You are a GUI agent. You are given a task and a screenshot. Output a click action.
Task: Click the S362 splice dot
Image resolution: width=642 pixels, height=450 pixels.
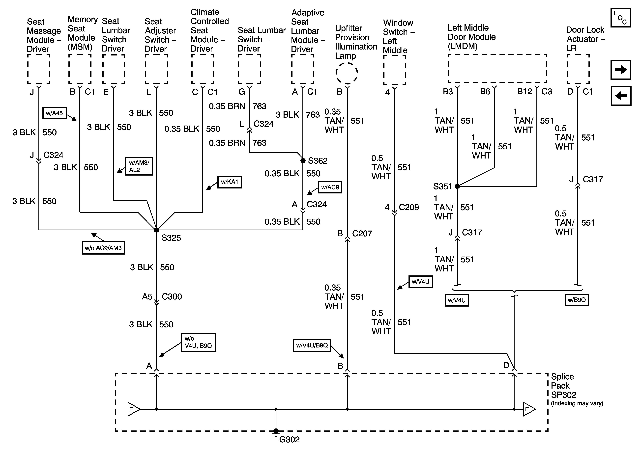pos(303,160)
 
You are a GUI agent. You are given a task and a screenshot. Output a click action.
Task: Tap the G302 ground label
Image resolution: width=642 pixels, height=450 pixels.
pos(289,440)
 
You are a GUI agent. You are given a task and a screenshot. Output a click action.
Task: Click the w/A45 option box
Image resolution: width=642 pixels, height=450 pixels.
pos(55,113)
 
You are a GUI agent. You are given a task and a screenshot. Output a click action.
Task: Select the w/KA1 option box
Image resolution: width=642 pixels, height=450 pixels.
pos(229,182)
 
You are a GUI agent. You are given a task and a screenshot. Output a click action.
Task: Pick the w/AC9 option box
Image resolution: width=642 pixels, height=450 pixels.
pos(330,187)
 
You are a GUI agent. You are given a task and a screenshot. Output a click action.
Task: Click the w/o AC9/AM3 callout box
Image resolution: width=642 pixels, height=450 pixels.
pos(103,248)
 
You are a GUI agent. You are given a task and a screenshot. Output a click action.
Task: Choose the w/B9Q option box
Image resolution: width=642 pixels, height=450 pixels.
pos(577,300)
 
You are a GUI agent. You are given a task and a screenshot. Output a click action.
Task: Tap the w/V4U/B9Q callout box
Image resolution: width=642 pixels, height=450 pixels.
pos(312,345)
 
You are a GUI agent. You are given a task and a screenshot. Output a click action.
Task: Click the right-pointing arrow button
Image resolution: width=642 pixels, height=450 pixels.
pos(621,70)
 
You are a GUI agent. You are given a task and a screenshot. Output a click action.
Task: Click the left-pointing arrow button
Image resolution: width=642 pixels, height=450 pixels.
pos(621,96)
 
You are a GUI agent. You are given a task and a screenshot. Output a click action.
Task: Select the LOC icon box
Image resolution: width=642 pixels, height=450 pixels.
pos(621,18)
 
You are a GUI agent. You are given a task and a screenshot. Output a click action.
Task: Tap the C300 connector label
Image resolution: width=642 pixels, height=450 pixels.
pos(172,297)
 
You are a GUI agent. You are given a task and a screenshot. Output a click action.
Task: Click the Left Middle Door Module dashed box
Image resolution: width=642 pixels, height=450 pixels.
pos(498,68)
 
